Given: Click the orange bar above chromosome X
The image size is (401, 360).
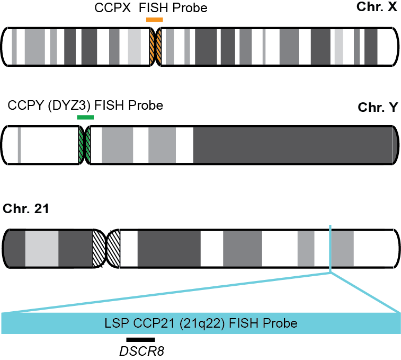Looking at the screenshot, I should [x=154, y=20].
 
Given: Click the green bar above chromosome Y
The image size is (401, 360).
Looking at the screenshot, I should [x=85, y=117].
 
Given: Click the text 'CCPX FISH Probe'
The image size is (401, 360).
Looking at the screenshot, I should [x=150, y=8].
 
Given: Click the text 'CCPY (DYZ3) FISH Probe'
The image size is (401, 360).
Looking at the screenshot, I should [x=85, y=105].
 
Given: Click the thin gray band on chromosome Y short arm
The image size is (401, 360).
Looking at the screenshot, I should [x=19, y=144].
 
